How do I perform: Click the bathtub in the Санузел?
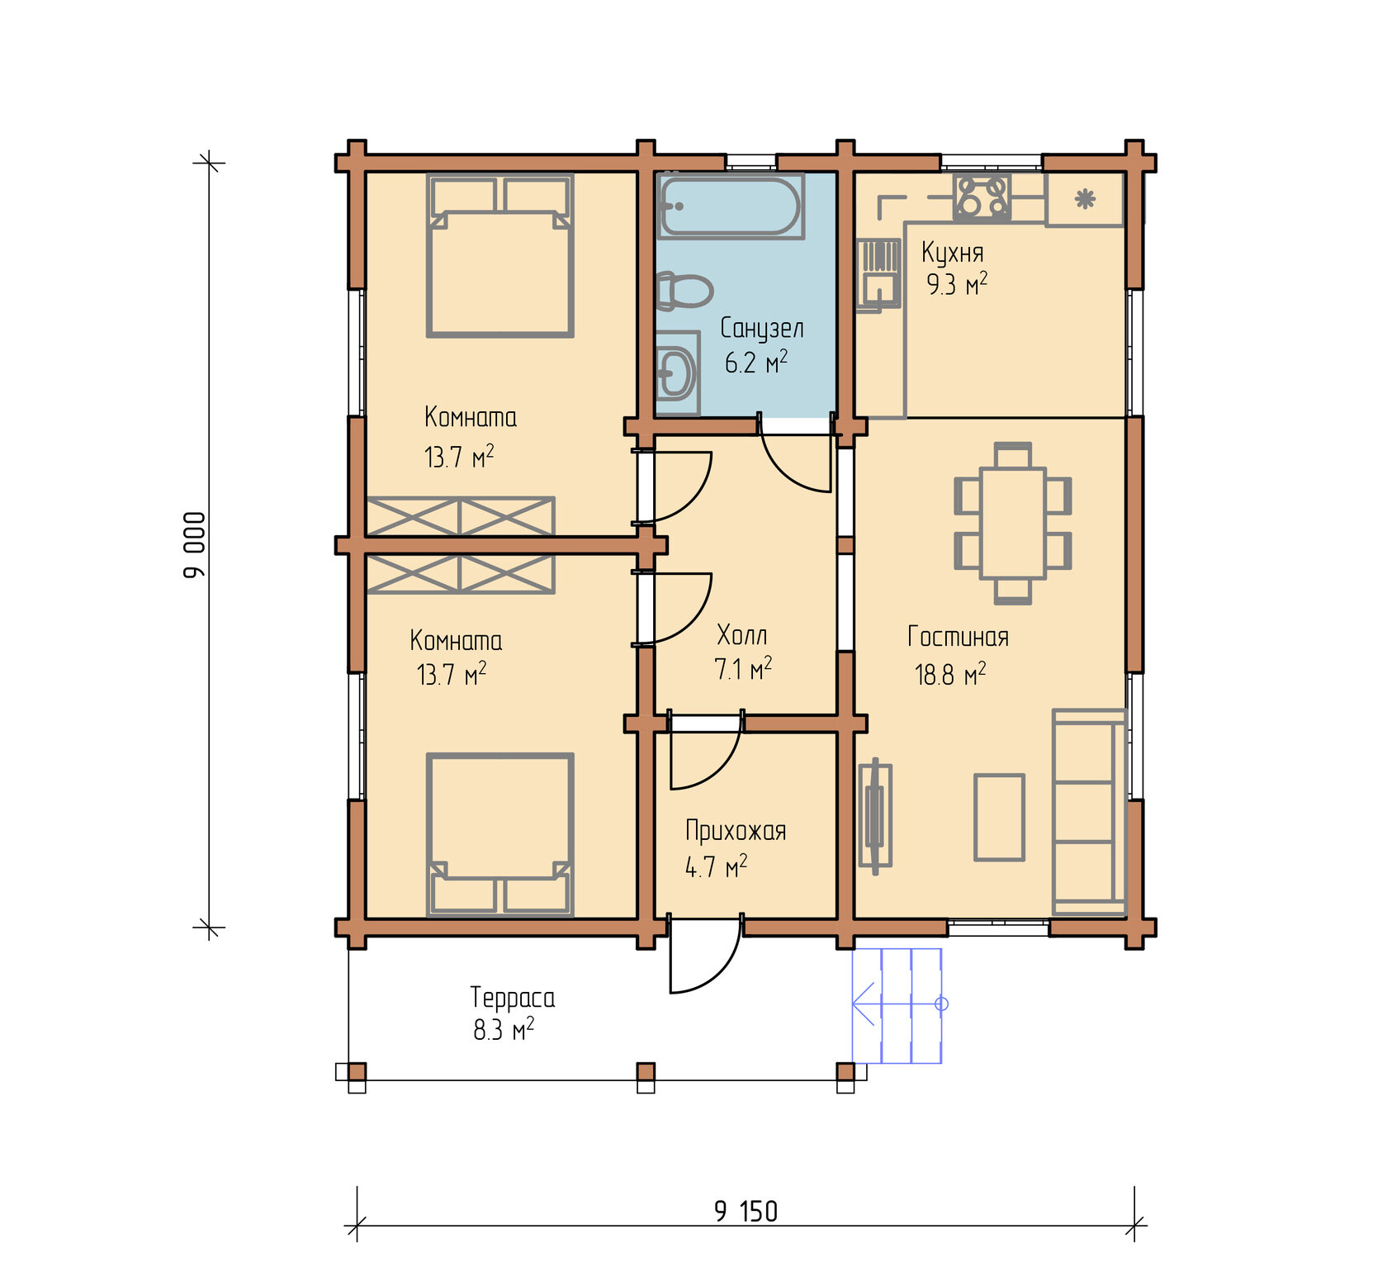tap(730, 206)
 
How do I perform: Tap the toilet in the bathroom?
tap(684, 292)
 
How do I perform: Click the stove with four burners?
tap(982, 197)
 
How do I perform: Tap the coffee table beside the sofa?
tap(999, 818)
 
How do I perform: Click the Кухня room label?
tap(953, 252)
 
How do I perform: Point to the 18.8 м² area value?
tap(950, 675)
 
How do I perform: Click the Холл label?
tap(742, 635)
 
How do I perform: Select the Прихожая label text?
tap(736, 831)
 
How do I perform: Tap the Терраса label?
tap(513, 998)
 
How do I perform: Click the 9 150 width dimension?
tap(746, 1211)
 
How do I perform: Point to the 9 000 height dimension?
tap(195, 545)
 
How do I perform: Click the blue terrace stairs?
tap(897, 1005)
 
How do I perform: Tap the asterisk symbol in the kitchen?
tap(1085, 198)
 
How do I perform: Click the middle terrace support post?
tap(646, 1072)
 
